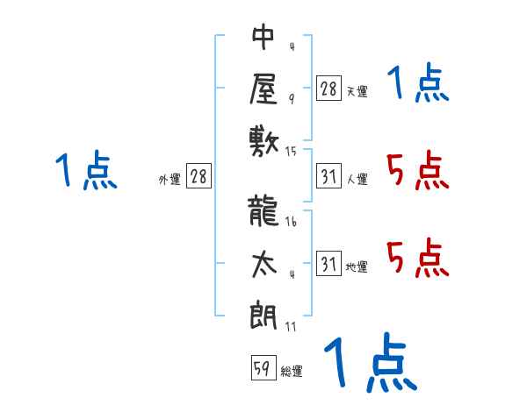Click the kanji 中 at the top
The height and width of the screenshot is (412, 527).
pyautogui.click(x=263, y=37)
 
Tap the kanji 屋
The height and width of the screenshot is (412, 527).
pyautogui.click(x=263, y=89)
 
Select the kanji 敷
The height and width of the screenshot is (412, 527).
pyautogui.click(x=264, y=142)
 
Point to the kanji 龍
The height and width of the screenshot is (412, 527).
pyautogui.click(x=263, y=211)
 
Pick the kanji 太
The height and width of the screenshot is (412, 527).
pyautogui.click(x=264, y=264)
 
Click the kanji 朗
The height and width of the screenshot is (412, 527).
pyautogui.click(x=263, y=316)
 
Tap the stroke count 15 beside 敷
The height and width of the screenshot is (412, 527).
pyautogui.click(x=291, y=152)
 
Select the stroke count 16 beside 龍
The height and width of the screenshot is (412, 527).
pyautogui.click(x=291, y=221)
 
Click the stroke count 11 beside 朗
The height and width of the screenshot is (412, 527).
pyautogui.click(x=291, y=326)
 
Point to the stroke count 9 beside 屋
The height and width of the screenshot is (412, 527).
pyautogui.click(x=292, y=99)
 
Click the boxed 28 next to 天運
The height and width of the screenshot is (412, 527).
pyautogui.click(x=328, y=89)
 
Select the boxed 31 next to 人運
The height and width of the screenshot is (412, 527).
pyautogui.click(x=328, y=176)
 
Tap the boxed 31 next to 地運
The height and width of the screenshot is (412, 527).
pyautogui.click(x=328, y=263)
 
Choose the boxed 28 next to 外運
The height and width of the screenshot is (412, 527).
pyautogui.click(x=199, y=175)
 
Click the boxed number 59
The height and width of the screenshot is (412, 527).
pyautogui.click(x=263, y=367)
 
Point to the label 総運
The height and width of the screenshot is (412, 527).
pyautogui.click(x=292, y=371)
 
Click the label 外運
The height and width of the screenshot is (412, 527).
pyautogui.click(x=170, y=180)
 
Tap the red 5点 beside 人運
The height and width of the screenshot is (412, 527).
pyautogui.click(x=418, y=171)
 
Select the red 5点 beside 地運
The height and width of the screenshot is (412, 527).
pyautogui.click(x=418, y=258)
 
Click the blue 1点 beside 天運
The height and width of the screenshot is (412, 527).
pyautogui.click(x=418, y=82)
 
